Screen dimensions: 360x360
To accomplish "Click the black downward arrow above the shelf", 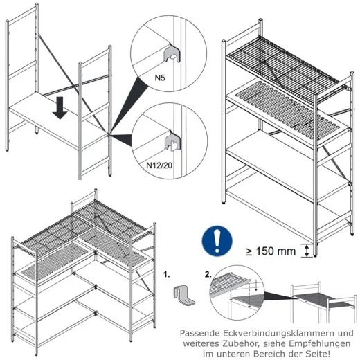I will click(x=62, y=108).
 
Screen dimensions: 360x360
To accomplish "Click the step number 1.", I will click(x=167, y=275).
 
